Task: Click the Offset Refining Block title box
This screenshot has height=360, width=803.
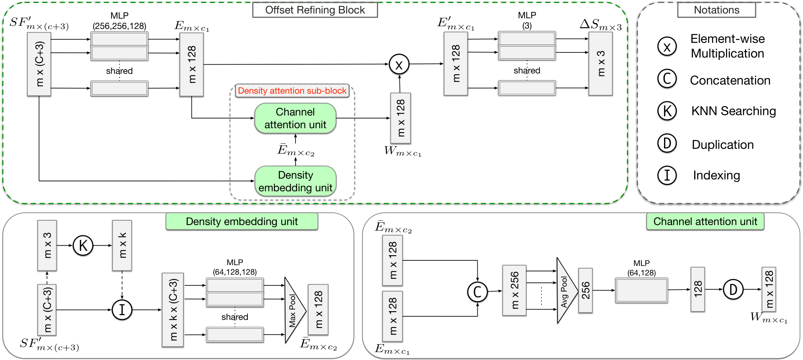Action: pos(315,10)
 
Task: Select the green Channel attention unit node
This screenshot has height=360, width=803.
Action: pos(295,118)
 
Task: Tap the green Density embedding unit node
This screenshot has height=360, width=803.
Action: pos(295,181)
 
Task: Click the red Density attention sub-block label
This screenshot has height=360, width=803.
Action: pos(292,91)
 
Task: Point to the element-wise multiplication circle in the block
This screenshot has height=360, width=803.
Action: pos(399,64)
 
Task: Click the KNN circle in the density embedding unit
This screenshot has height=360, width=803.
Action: pos(83,245)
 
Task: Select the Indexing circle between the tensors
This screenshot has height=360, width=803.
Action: pos(122,310)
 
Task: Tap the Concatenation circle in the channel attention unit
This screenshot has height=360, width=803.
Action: pos(477,292)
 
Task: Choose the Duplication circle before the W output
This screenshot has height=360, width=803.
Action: pos(733,289)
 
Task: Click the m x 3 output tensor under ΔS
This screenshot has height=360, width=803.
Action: pos(600,64)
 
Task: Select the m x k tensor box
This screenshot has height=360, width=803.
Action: pos(122,245)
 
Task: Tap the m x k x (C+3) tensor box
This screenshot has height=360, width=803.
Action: pos(173,310)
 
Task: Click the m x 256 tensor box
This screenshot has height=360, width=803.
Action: pos(514,291)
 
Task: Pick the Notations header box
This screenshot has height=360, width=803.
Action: pos(716,10)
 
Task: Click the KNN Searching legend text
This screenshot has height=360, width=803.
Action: pos(734,111)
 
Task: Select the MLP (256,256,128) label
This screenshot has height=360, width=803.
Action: pos(120,21)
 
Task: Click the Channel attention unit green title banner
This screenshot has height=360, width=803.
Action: pos(705,221)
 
